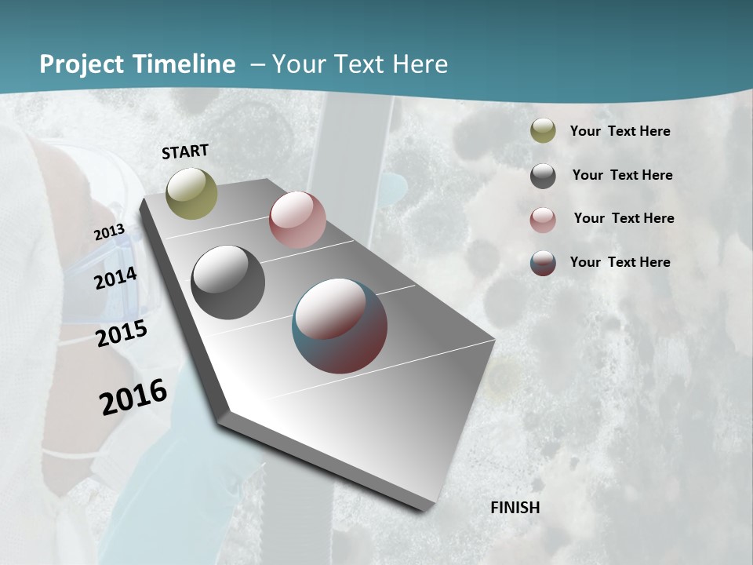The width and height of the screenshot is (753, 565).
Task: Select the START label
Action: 185,151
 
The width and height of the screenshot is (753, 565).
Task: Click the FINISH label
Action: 515,508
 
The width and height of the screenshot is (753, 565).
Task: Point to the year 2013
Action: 109,233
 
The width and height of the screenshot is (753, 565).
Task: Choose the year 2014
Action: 116,278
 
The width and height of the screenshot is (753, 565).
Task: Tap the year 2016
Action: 133,397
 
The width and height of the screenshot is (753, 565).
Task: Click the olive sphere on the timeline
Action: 191,193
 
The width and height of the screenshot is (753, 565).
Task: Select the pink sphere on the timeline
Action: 297,220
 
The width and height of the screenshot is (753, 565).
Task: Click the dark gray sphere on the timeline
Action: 227,282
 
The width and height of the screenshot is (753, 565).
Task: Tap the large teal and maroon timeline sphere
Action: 340,326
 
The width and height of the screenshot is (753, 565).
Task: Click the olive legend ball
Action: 543,131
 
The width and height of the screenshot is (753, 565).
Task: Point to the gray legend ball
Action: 543,176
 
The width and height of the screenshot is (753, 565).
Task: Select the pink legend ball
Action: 543,220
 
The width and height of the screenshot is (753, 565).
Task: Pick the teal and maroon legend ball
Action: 543,263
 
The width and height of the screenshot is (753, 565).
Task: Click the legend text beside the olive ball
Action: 620,132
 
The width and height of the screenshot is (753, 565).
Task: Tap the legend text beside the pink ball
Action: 624,218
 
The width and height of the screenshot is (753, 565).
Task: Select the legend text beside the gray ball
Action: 622,175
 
